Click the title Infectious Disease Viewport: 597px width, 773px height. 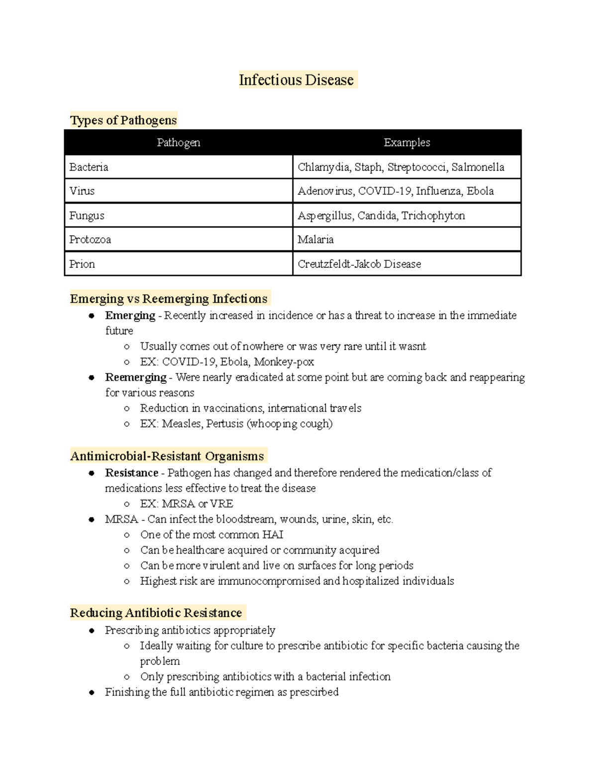coord(297,80)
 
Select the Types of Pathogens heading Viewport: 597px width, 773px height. coord(123,120)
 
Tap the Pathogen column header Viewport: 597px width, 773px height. coord(178,143)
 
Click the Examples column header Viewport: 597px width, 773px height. coord(406,143)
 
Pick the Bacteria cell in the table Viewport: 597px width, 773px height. coord(89,167)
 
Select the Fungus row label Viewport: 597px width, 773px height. coord(87,216)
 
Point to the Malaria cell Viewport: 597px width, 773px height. coord(315,240)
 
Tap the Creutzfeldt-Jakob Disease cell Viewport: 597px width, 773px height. coord(359,264)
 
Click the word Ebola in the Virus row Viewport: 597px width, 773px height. coord(480,191)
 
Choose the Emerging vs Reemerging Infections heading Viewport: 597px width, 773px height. coord(169,299)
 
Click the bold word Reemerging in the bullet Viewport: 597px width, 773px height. coord(135,377)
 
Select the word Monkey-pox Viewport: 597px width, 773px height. coord(284,362)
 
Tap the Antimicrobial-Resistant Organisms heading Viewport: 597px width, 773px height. coord(167,456)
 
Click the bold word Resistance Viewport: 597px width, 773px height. coord(131,473)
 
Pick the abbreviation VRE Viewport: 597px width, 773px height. coord(221,504)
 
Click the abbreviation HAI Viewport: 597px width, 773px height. coord(273,535)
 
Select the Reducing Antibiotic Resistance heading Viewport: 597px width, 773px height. coord(156,613)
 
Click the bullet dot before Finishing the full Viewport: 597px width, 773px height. coord(92,692)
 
